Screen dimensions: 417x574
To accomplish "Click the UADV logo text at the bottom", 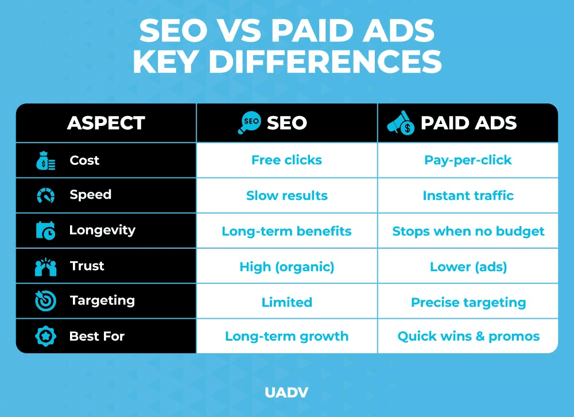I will point(286,393).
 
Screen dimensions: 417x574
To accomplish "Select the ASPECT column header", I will point(106,123).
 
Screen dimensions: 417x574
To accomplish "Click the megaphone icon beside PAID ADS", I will point(401,122).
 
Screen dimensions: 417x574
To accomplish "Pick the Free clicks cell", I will point(286,160).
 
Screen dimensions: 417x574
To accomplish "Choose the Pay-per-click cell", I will point(468,160).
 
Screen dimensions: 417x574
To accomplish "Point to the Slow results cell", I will point(286,195).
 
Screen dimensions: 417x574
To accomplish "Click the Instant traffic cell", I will point(468,195).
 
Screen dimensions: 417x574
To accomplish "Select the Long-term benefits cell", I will point(286,231).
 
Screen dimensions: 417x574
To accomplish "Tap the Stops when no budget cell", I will point(468,231).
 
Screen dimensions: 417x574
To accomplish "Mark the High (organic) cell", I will point(286,267).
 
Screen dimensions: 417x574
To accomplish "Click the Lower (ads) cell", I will point(468,267).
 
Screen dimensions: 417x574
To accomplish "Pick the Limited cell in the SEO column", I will point(286,302).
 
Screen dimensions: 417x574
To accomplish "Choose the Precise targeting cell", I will point(468,302).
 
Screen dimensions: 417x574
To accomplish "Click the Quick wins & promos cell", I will point(468,336).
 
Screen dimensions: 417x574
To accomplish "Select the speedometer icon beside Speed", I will point(46,196).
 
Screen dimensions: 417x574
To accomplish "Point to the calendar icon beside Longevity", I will point(46,231).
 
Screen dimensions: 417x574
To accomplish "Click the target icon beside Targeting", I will point(46,301).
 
